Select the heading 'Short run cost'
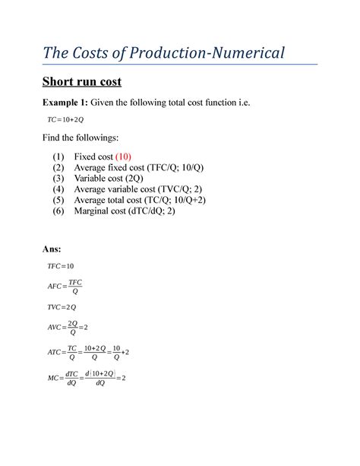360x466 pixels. point(80,82)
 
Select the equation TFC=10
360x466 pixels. point(60,266)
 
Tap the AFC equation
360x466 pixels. point(65,287)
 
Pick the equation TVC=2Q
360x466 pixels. point(62,306)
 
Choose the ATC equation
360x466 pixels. point(88,353)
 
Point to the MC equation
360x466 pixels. point(86,378)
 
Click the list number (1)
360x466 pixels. point(58,157)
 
